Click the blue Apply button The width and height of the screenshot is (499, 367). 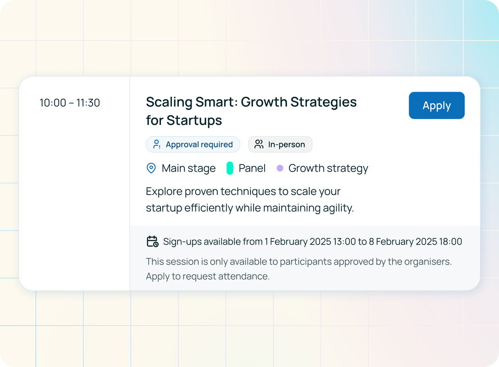[437, 106]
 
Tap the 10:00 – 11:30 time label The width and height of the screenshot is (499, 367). [70, 103]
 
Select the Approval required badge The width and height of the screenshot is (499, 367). [193, 145]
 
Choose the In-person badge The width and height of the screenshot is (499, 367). [280, 145]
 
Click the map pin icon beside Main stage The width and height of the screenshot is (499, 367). [151, 168]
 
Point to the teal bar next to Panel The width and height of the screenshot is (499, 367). [230, 168]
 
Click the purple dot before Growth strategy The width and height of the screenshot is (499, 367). [280, 168]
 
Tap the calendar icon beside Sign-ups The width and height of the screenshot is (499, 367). [152, 242]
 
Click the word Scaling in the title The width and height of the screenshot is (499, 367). [169, 102]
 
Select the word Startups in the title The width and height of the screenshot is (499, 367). [194, 121]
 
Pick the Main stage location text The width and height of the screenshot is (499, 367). [189, 168]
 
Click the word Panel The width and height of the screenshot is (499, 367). [252, 168]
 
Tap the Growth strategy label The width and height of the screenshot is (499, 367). [328, 168]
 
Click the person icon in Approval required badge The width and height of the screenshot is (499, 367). [156, 144]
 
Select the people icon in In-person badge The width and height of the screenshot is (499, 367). [259, 144]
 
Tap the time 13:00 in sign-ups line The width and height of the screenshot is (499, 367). [344, 242]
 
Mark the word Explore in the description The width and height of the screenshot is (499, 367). [164, 192]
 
